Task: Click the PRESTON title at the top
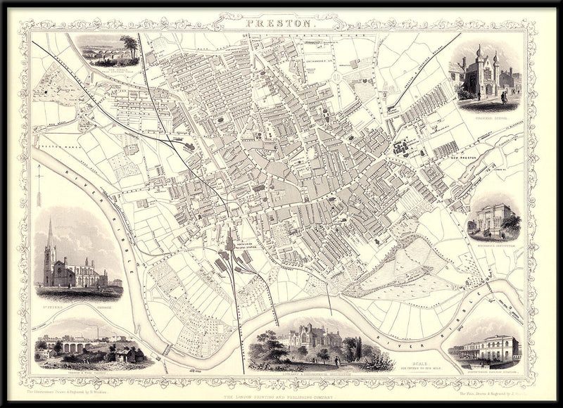pos(281,25)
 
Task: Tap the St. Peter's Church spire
pos(50,236)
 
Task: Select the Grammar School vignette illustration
pos(485,74)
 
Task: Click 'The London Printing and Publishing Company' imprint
pos(281,398)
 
